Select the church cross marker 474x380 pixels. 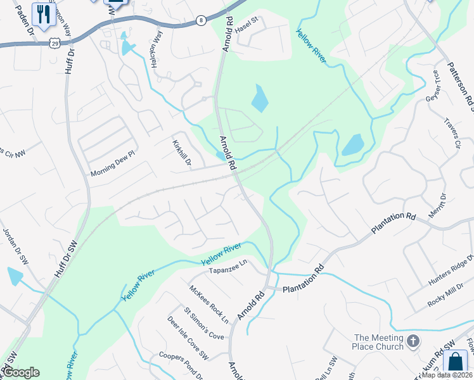[x=413, y=341]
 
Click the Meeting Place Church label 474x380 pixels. [x=378, y=342]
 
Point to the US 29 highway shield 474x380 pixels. [x=56, y=43]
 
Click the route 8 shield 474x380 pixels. [x=201, y=20]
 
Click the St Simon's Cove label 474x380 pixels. [x=204, y=324]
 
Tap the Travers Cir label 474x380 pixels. [x=452, y=132]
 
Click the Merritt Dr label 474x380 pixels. [x=438, y=206]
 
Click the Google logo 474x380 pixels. [x=21, y=372]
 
